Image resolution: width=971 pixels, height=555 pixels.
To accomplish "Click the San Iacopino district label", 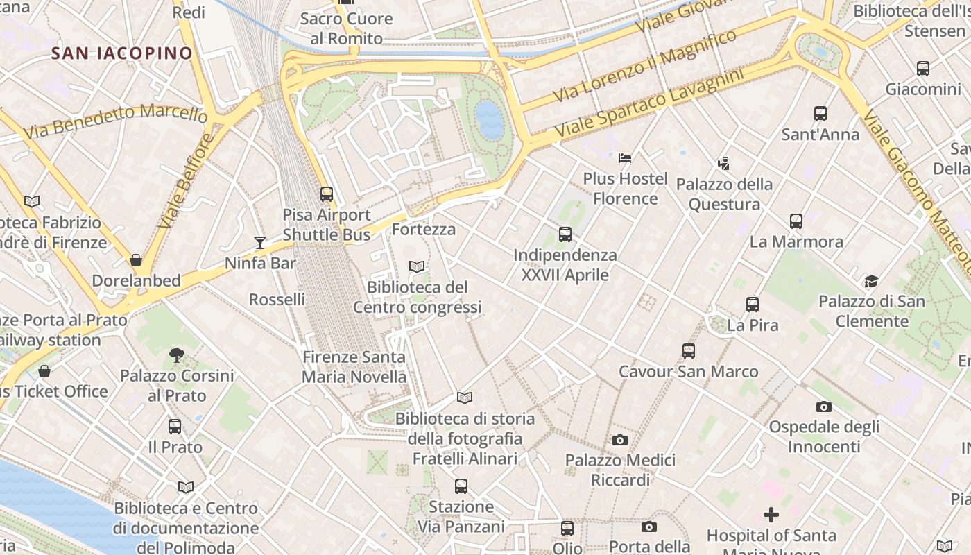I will (x=122, y=53).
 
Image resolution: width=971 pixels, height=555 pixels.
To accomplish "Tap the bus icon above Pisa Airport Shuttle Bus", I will (x=327, y=194).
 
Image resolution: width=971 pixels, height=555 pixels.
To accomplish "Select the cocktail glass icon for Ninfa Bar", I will (x=260, y=242).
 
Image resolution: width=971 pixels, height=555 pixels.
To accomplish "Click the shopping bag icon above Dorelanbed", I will (x=136, y=260).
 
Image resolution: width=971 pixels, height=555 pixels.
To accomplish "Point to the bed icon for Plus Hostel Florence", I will (x=625, y=157).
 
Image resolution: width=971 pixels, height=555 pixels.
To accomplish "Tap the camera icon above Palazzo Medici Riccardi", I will (x=620, y=440).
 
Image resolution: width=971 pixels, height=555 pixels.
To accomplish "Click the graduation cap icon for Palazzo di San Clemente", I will (x=871, y=281).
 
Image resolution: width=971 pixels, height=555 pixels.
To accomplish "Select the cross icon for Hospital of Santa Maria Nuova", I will (x=771, y=515).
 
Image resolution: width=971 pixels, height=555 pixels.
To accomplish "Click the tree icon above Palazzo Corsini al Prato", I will (x=177, y=355).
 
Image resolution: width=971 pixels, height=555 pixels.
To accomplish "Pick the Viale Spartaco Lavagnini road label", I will (x=648, y=102).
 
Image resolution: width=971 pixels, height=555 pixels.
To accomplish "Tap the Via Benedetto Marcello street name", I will (x=115, y=119).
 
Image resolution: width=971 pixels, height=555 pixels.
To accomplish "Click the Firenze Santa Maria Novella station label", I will (x=354, y=367).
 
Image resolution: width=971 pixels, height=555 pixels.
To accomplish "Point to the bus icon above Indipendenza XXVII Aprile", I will (x=565, y=234).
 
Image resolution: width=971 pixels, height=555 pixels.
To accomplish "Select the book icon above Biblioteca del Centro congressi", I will (x=417, y=266).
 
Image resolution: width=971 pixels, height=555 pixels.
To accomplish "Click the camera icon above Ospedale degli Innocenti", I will (x=824, y=407).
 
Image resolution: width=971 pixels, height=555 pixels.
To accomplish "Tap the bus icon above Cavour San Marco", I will (x=688, y=351).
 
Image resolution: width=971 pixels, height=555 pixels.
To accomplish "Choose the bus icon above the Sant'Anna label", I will (x=820, y=114).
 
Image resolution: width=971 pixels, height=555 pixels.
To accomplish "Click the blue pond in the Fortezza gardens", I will (x=490, y=119).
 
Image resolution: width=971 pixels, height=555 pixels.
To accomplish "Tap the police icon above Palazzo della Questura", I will (x=724, y=163).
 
